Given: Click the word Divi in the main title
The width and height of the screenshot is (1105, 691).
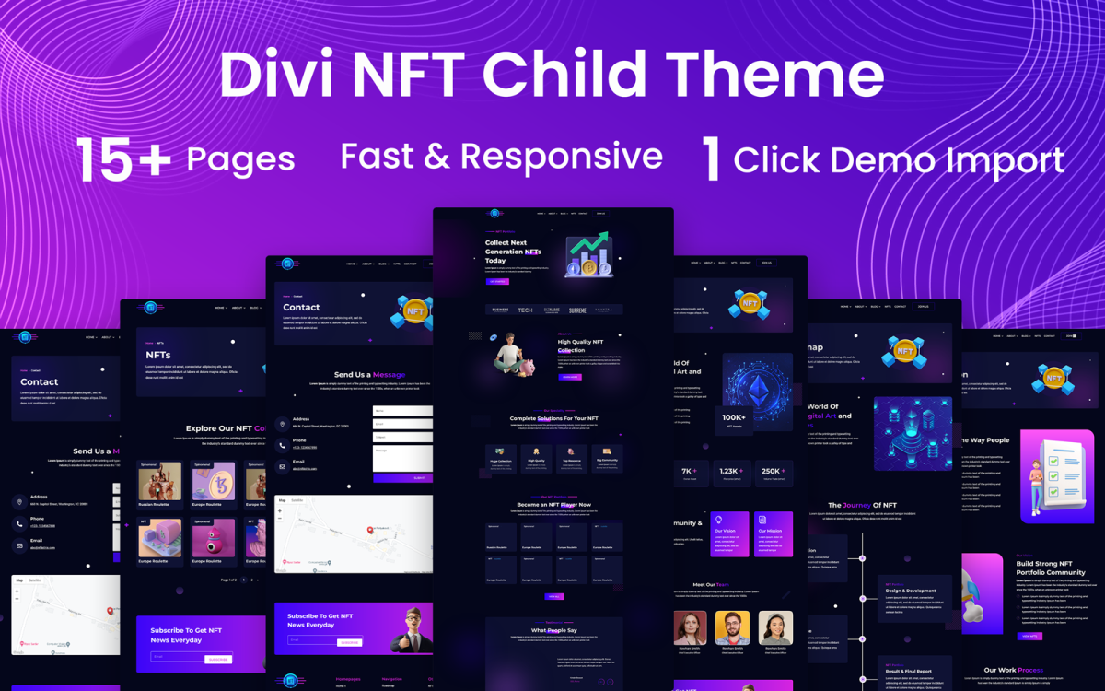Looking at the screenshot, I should (x=277, y=75).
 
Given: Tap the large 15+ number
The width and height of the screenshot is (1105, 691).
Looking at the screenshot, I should (x=122, y=158).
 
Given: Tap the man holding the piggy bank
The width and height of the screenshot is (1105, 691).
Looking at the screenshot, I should (x=511, y=357).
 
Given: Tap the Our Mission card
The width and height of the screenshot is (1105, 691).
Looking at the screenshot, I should (x=773, y=534).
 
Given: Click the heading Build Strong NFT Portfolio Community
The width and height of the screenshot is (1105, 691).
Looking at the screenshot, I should (x=1050, y=568).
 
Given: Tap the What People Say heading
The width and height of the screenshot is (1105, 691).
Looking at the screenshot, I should (x=553, y=630).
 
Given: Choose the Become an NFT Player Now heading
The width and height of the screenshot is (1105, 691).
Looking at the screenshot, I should (x=553, y=505).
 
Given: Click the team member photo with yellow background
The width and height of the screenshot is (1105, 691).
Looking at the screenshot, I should (x=733, y=628).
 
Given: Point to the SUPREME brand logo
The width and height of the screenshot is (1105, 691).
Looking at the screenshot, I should (x=577, y=310).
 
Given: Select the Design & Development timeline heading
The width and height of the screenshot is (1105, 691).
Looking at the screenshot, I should (x=911, y=591).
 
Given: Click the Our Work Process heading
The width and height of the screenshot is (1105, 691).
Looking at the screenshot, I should (x=1013, y=670).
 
